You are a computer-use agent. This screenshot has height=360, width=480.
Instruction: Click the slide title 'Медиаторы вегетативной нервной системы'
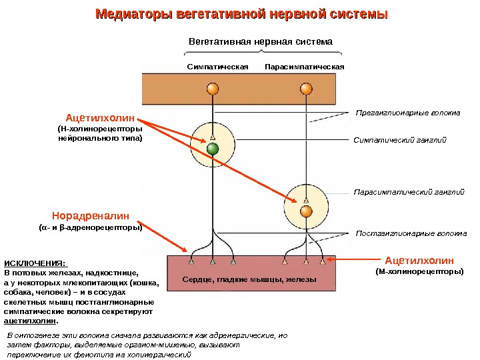[x=241, y=14]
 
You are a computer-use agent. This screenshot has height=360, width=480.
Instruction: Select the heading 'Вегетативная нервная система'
[x=260, y=41]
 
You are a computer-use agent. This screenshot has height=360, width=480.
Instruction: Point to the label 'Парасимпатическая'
[x=304, y=67]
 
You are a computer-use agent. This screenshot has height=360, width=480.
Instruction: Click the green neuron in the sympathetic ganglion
[x=213, y=149]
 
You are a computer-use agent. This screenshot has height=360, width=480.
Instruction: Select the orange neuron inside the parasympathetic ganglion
[x=306, y=211]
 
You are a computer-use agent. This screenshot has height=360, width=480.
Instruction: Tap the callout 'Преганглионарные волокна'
[x=407, y=112]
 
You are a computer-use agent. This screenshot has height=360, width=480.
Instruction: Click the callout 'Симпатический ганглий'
[x=399, y=140]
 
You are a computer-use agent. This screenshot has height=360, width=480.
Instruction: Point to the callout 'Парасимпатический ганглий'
[x=408, y=192]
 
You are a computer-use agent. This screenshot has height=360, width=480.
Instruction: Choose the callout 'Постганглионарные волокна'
[x=410, y=234]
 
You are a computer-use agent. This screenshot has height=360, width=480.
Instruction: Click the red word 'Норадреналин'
[x=91, y=215]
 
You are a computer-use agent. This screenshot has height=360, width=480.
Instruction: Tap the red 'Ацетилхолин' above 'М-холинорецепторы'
[x=419, y=260]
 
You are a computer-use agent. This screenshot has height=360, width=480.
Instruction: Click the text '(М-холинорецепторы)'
[x=419, y=272]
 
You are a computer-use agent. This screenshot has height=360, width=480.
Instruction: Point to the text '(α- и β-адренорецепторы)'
[x=91, y=227]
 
